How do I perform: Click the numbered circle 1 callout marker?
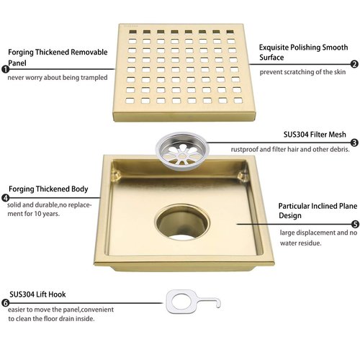6,69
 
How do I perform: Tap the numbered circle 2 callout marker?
354,64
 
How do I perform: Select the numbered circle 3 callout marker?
354,143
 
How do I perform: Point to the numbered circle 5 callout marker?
354,224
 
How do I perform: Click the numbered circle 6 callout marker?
6,303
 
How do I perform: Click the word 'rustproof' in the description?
247,149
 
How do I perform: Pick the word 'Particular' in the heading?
297,205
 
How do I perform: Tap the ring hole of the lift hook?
176,297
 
